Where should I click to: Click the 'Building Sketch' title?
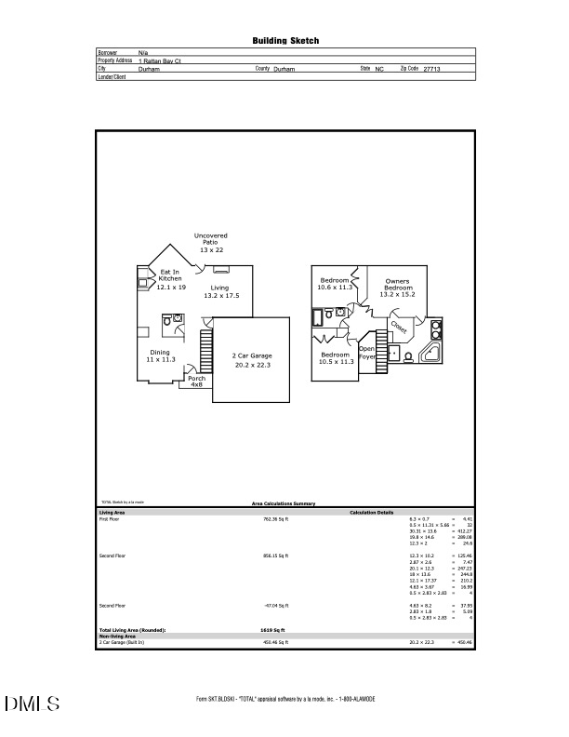(285, 41)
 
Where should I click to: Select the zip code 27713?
(432, 69)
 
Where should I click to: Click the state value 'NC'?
(379, 69)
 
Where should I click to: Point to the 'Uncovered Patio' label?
(210, 243)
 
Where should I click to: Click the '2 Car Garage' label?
(251, 360)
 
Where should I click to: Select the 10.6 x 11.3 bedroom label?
(335, 284)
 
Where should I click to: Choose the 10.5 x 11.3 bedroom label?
(335, 358)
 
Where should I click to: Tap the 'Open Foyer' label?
(366, 353)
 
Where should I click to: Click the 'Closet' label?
(399, 328)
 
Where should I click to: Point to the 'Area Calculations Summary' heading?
(284, 503)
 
